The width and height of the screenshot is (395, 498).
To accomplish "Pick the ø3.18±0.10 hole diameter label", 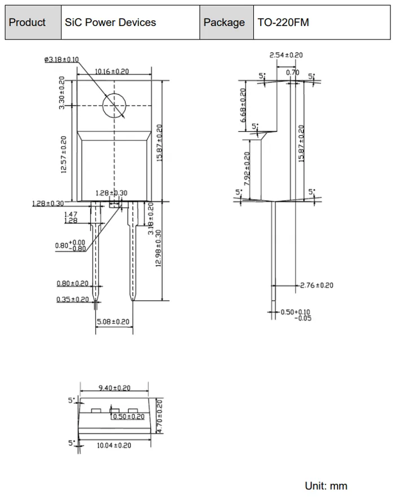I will tap(62, 59).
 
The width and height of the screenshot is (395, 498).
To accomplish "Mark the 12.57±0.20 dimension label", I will tap(64, 155).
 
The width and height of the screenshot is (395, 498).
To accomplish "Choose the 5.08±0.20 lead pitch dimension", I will tap(113, 321).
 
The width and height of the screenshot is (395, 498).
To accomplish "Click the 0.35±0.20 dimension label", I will tap(72, 299).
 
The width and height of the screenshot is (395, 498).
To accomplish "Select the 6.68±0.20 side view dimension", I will tap(243, 105).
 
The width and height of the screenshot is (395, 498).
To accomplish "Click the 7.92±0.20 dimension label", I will tap(247, 169).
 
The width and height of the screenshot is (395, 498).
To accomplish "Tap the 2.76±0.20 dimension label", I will tap(317, 285).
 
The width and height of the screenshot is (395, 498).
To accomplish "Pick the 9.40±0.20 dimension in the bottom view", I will tap(115, 388).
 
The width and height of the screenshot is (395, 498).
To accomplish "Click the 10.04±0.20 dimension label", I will tap(114, 445).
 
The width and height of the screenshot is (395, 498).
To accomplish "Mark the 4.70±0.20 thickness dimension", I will tap(159, 416).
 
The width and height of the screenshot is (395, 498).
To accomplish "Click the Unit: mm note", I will tap(326, 486).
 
